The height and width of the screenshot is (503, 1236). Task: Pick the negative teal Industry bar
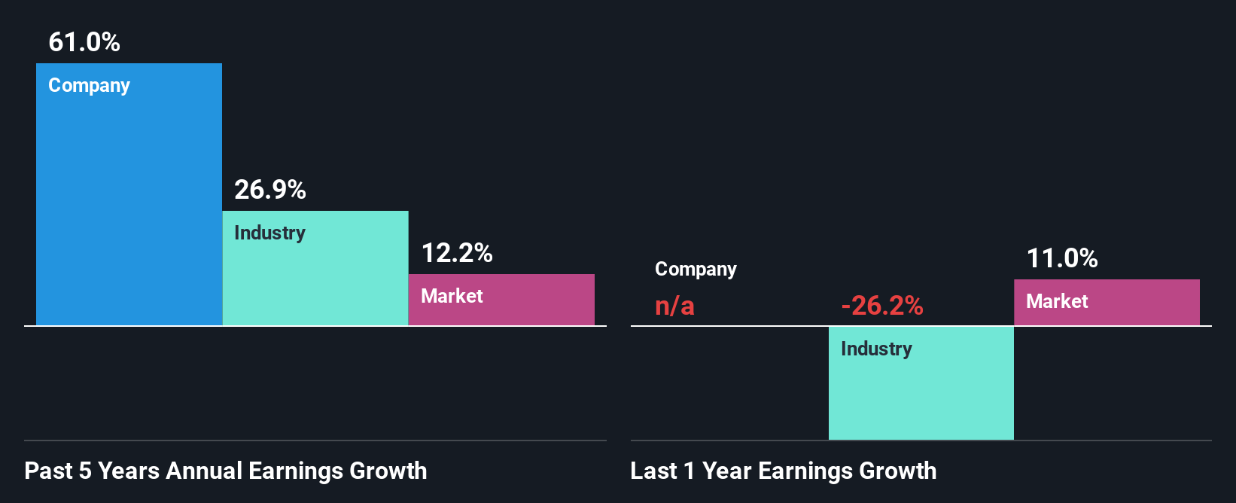click(921, 392)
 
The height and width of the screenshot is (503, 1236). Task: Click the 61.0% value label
click(84, 42)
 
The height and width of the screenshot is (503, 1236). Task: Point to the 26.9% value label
click(270, 190)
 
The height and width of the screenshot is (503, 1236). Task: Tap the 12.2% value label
click(457, 253)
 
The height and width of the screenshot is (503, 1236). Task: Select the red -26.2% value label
click(882, 306)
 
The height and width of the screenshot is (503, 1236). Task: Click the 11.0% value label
click(1062, 258)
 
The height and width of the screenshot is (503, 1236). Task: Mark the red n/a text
click(674, 306)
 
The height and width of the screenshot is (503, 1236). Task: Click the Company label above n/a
click(696, 270)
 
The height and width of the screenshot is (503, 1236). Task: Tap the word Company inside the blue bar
click(89, 86)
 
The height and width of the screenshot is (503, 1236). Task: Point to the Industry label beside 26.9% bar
click(269, 233)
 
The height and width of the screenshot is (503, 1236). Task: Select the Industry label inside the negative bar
click(876, 349)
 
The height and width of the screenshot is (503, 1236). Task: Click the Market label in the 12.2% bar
click(452, 297)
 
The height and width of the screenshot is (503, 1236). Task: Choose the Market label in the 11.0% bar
click(1057, 302)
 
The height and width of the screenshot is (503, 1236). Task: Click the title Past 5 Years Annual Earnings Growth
click(226, 471)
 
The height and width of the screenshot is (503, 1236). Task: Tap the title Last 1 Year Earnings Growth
click(784, 471)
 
